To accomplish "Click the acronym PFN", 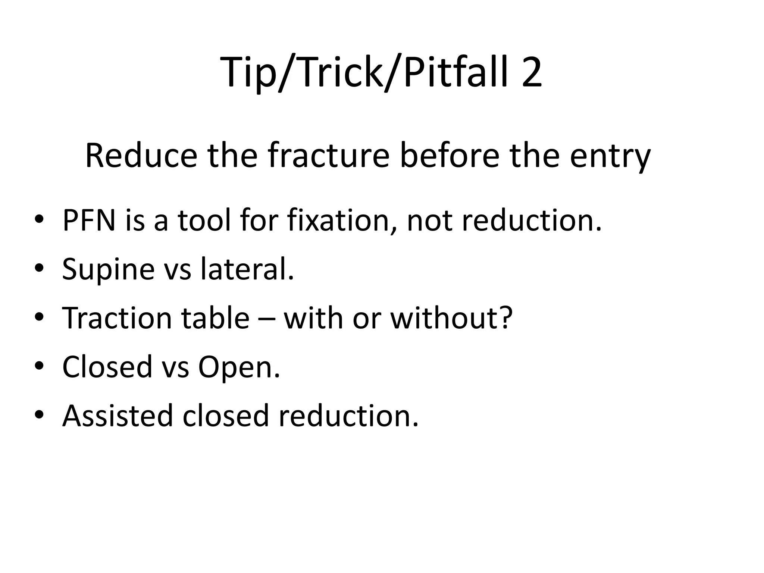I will point(89,220).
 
